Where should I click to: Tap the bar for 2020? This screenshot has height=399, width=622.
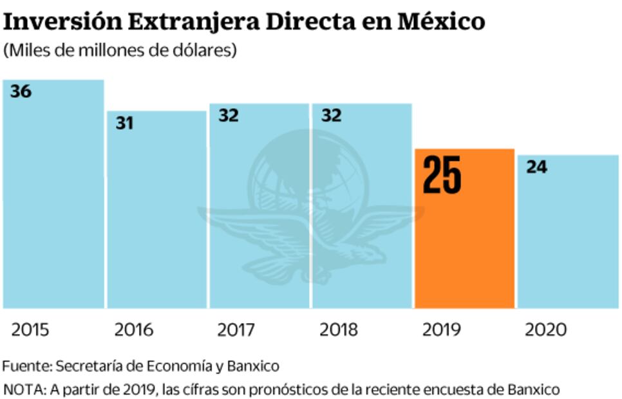click(567, 238)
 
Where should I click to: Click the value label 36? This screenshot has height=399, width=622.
click(21, 92)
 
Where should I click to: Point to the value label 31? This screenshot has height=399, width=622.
click(124, 123)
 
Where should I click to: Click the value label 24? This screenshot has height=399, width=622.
click(536, 167)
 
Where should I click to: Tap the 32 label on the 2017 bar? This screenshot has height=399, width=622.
click(229, 116)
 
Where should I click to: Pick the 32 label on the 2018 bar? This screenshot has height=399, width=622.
click(331, 116)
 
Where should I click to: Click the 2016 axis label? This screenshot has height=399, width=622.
click(134, 330)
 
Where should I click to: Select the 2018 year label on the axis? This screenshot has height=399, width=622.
click(339, 330)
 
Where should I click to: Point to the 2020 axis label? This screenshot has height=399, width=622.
click(545, 330)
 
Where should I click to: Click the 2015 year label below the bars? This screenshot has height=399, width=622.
click(31, 330)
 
